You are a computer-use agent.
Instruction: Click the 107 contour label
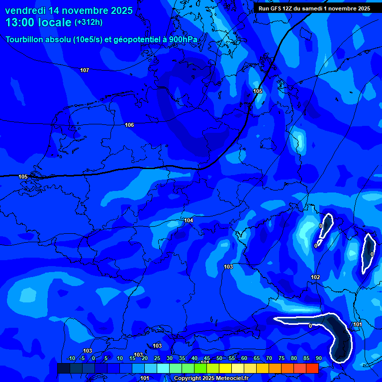click(85, 70)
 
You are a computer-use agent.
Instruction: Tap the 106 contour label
click(129, 125)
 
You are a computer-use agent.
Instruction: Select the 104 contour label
click(189, 220)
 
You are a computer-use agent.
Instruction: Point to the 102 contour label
click(315, 277)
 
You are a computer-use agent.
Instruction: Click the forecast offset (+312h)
click(89, 22)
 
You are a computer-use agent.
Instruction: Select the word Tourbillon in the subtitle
click(26, 40)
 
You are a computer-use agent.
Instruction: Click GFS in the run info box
click(277, 8)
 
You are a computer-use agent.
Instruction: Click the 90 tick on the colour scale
click(318, 359)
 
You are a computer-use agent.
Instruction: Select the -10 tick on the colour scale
click(71, 359)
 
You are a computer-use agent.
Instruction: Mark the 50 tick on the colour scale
click(219, 359)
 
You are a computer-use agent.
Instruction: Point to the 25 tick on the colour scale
click(157, 359)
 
